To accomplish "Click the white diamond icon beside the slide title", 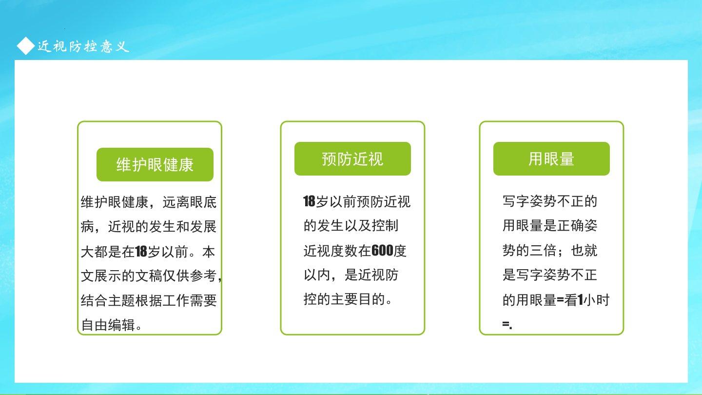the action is [26, 46].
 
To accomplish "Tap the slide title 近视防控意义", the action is [83, 46].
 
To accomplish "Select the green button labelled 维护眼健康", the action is [155, 165].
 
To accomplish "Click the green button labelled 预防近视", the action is [352, 158].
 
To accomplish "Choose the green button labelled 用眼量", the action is [551, 158].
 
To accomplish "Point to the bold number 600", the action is [382, 251].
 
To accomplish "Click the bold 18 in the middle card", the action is [309, 201].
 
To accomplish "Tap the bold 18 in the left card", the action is [141, 252].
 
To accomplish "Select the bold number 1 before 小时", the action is [580, 300].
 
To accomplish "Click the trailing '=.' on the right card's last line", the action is [507, 325].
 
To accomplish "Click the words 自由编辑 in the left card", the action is [108, 325].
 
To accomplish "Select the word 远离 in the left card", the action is [176, 202].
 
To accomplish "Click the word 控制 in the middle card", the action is [386, 226].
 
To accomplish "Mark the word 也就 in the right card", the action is [584, 251].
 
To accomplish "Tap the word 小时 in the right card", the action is [596, 300].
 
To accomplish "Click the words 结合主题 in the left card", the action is [108, 300].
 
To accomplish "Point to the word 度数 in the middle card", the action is [344, 251].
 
